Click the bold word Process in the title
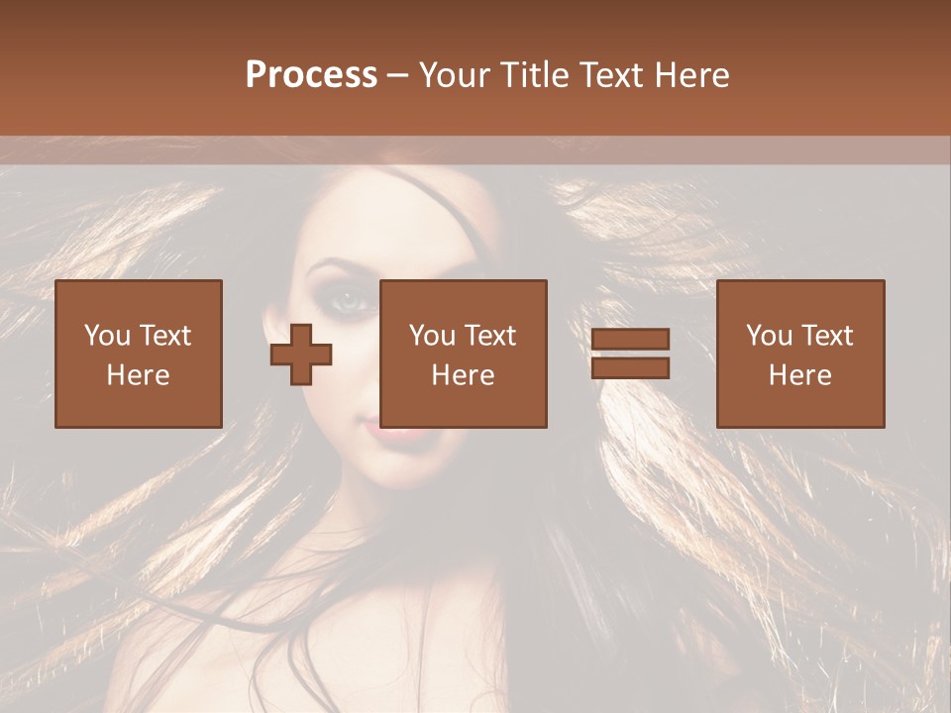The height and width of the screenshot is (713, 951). (x=311, y=75)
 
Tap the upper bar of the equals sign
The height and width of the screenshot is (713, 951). (x=630, y=339)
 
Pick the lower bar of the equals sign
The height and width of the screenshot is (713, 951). (x=630, y=367)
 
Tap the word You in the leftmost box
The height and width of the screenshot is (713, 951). (x=105, y=336)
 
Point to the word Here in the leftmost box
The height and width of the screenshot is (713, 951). (x=139, y=375)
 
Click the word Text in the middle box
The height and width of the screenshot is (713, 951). (x=490, y=336)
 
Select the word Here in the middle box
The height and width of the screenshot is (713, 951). (x=464, y=375)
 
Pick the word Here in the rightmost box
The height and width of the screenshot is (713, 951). (x=800, y=375)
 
